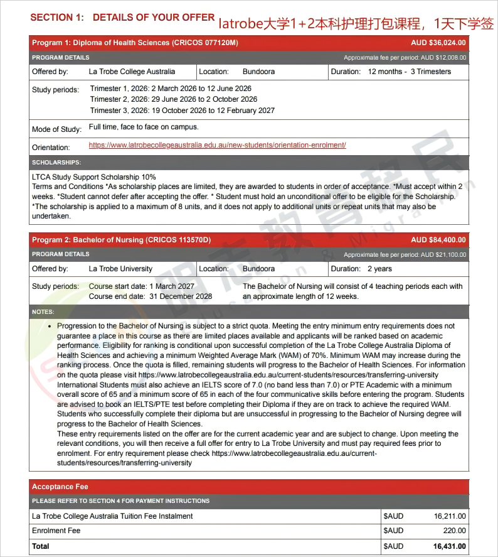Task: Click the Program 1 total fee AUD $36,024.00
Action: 438,43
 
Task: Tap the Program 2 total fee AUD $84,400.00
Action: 438,240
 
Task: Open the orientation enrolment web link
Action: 217,145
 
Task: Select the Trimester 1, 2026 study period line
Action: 171,89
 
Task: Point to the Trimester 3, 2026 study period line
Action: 182,111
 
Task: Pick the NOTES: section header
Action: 43,311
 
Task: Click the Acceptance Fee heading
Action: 60,487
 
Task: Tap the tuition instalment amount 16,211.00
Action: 450,516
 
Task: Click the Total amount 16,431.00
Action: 449,546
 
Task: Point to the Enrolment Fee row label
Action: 56,531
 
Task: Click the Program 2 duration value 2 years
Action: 380,269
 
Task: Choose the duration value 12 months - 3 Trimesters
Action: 410,72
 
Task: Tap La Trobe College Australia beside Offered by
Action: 132,72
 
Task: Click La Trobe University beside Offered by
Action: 120,269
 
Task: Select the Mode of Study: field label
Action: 56,129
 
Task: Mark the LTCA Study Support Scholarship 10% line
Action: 94,177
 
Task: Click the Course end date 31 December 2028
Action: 151,296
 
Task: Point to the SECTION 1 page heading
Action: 122,18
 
